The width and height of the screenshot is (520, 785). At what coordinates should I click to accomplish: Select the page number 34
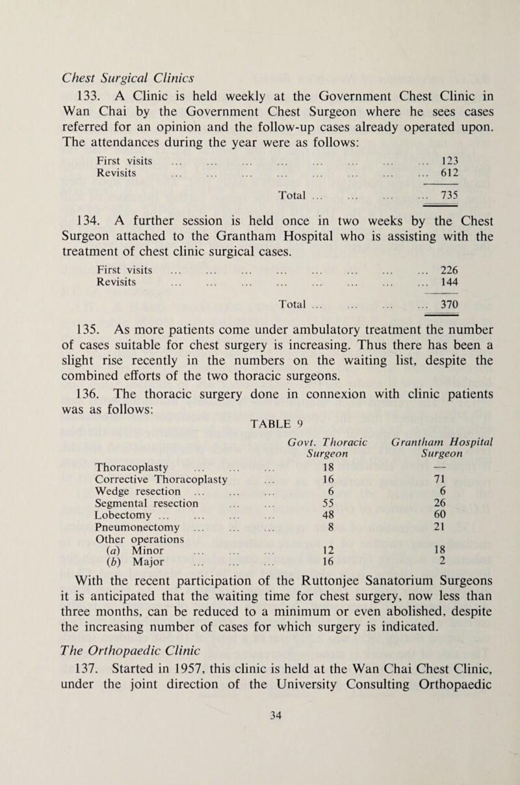(259, 767)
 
